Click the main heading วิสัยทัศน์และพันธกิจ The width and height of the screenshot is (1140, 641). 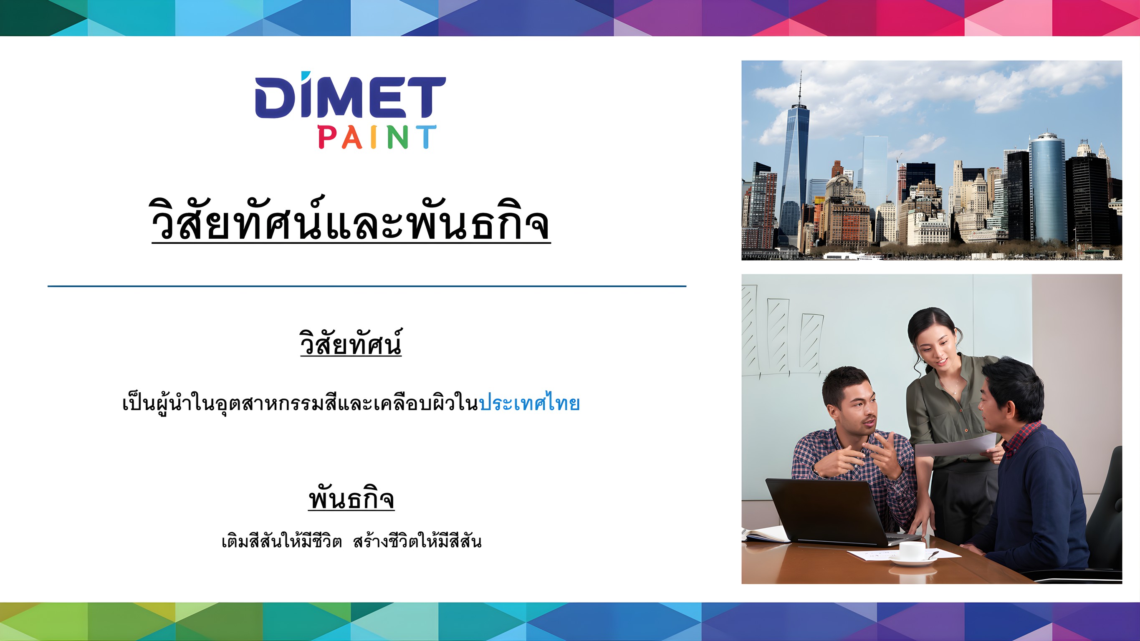351,220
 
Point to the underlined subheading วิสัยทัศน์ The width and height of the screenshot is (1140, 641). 351,342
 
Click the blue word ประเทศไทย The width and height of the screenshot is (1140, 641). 529,403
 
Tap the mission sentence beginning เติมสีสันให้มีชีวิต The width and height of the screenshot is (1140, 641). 351,541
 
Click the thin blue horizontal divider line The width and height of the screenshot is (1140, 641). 367,286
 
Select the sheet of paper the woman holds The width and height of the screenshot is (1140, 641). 956,444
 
